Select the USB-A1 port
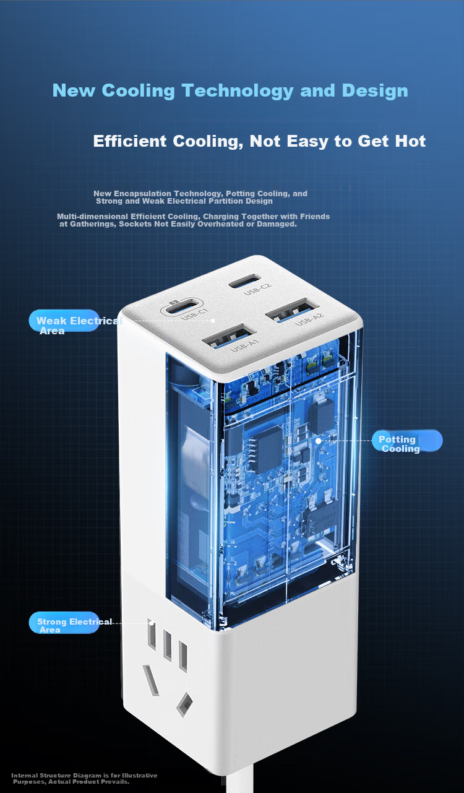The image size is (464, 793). pos(229,336)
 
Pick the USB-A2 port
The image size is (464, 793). pos(293,310)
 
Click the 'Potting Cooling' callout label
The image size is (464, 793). pos(407,440)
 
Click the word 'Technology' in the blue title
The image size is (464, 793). pos(238,90)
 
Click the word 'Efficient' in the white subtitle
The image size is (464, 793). pos(129,141)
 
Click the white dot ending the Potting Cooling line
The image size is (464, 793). pos(318,441)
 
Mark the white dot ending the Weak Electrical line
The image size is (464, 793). pos(213,321)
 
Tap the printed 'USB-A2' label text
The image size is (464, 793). pos(309,319)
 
